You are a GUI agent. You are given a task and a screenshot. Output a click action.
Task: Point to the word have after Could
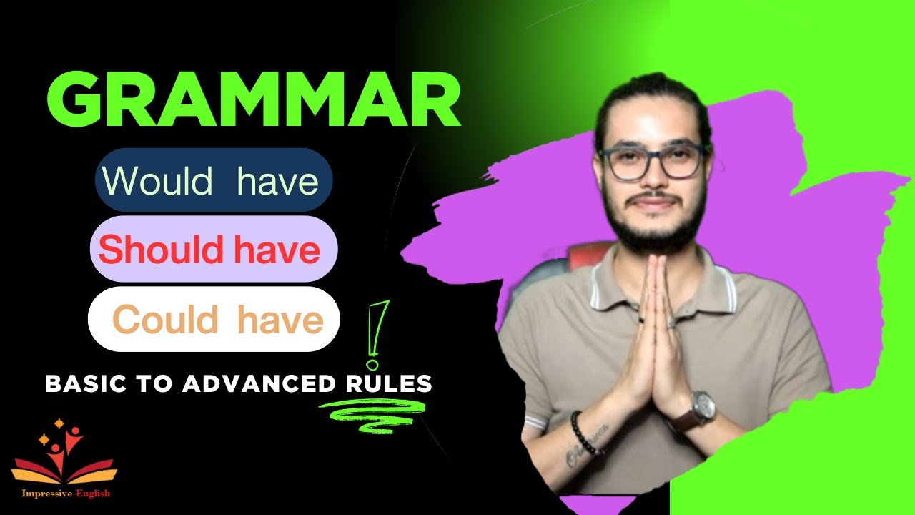pos(280,320)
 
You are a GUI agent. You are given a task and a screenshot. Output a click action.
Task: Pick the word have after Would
pos(278,180)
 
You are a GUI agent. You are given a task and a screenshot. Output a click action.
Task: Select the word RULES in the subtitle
pos(385,384)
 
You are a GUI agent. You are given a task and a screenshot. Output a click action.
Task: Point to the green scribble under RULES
pos(372,413)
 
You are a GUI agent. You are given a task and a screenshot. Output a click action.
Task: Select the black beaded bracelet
pos(582,433)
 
